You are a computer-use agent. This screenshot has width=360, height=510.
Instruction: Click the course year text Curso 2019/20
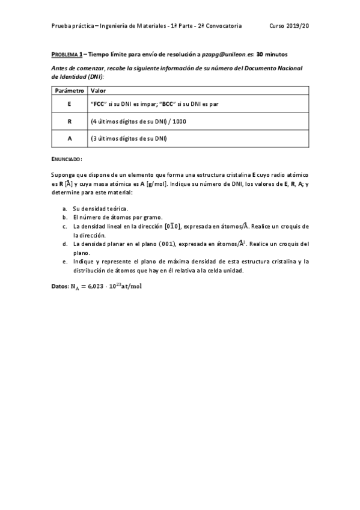point(289,26)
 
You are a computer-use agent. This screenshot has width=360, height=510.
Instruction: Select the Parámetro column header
point(69,90)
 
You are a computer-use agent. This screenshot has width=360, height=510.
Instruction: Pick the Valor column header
point(97,90)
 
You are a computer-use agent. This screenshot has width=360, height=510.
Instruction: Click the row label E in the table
point(69,103)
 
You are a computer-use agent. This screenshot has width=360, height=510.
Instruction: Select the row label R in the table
point(69,121)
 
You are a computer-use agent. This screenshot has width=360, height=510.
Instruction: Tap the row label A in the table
point(69,138)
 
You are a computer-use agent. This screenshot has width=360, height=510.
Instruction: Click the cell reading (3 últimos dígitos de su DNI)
point(129,138)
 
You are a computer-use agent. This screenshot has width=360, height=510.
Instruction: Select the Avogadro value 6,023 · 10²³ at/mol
point(111,286)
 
